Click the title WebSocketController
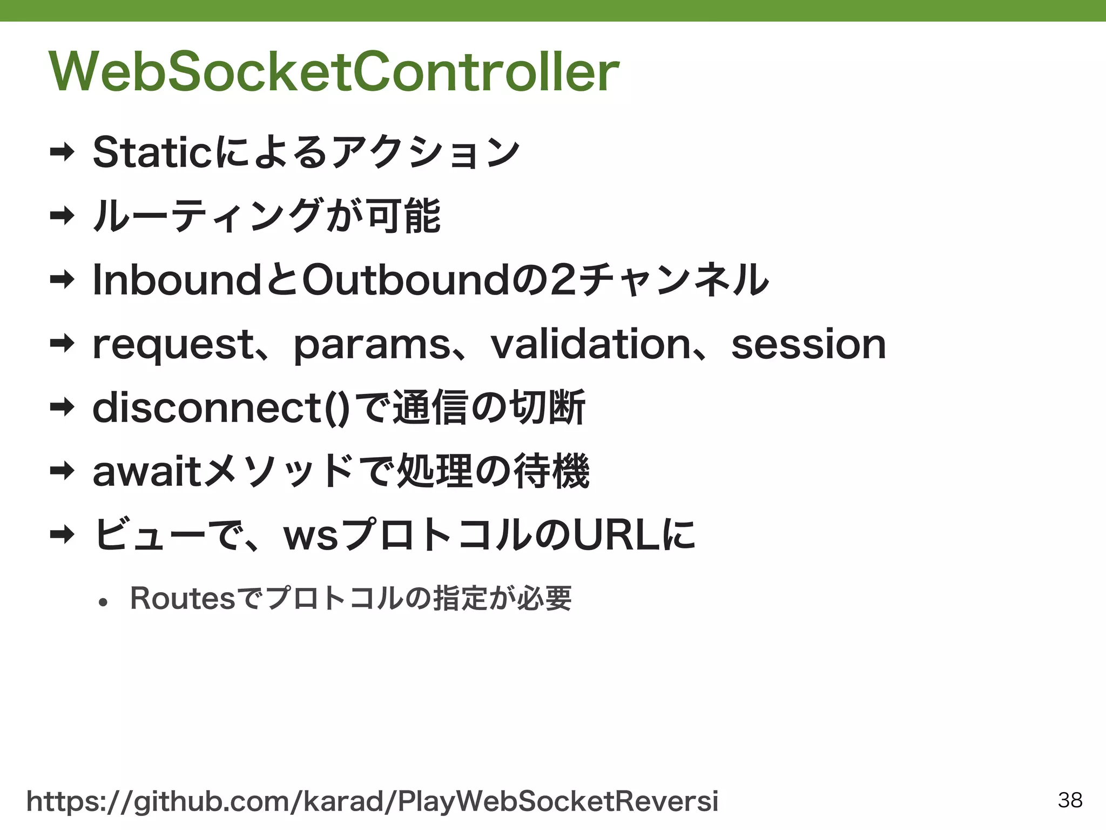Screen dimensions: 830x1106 click(334, 72)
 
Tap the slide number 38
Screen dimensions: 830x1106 click(1070, 800)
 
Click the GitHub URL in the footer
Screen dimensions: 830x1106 click(373, 801)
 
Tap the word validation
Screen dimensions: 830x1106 click(590, 345)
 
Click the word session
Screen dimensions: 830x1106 click(808, 345)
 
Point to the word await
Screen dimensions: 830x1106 click(147, 472)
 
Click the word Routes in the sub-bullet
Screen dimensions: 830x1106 click(183, 599)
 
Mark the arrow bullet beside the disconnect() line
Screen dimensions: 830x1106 click(62, 408)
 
